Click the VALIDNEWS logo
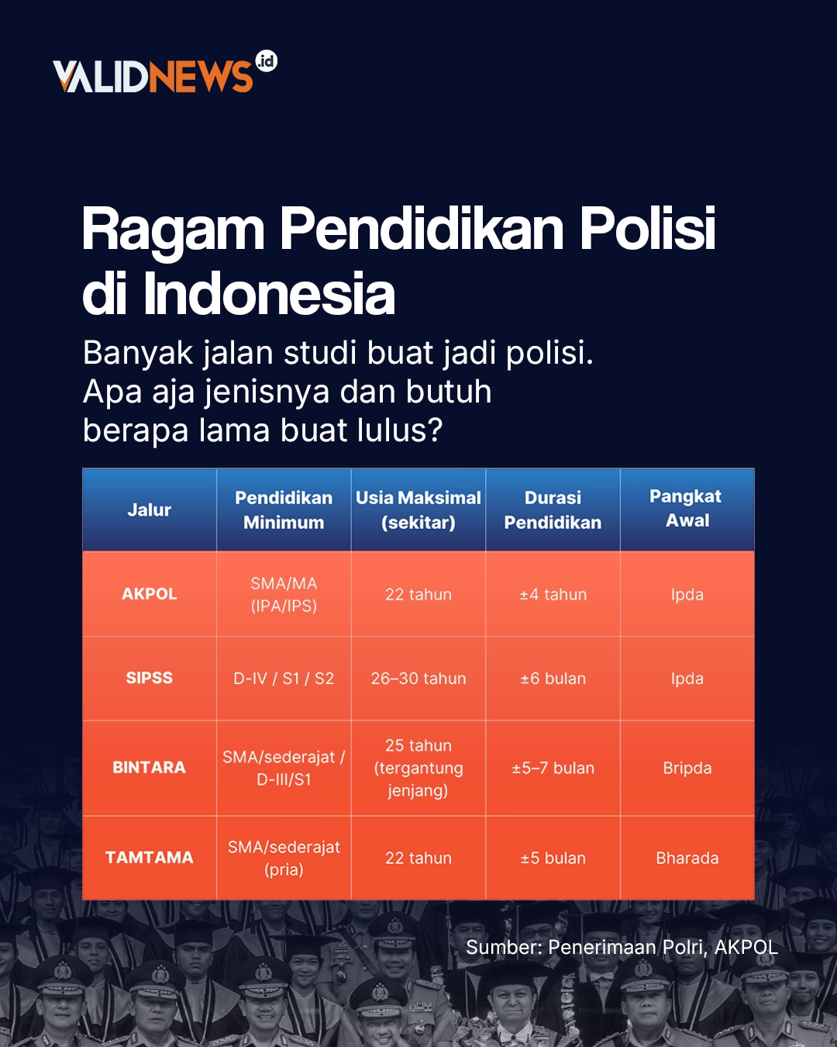tap(153, 76)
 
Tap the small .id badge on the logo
tap(266, 61)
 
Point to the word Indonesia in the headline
tap(269, 295)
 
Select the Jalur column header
tap(150, 510)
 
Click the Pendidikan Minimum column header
tap(284, 510)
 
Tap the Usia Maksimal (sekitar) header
tap(418, 510)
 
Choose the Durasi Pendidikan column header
tap(553, 510)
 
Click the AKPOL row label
tap(150, 594)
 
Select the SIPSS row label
tap(150, 678)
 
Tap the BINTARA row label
tap(150, 768)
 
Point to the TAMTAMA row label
tap(150, 858)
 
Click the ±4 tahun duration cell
tap(553, 595)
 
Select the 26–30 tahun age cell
tap(418, 679)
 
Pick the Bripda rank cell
tap(687, 768)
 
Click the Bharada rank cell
tap(687, 859)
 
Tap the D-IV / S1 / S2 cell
tap(284, 679)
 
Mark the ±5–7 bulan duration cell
tap(553, 768)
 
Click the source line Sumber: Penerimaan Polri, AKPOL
tap(622, 947)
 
